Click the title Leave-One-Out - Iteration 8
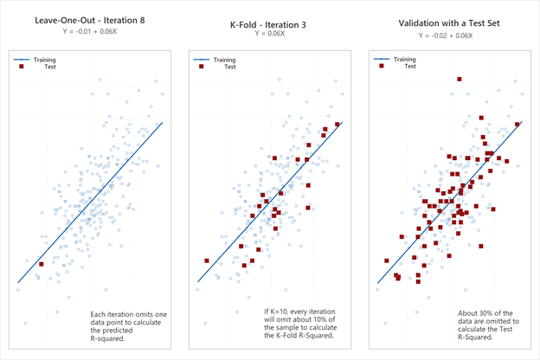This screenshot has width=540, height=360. coord(89,20)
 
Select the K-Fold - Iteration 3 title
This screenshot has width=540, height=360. coord(270,20)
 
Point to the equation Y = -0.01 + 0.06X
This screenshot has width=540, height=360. coord(89,33)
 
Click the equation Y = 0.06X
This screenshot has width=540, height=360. coord(270,33)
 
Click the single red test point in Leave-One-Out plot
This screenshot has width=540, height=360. coord(41,264)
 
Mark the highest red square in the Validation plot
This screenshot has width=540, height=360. coord(460,79)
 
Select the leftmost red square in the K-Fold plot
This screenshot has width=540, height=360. coord(206,260)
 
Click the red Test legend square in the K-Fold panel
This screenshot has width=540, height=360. coord(202,67)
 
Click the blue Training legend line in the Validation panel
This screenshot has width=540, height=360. coord(382,60)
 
